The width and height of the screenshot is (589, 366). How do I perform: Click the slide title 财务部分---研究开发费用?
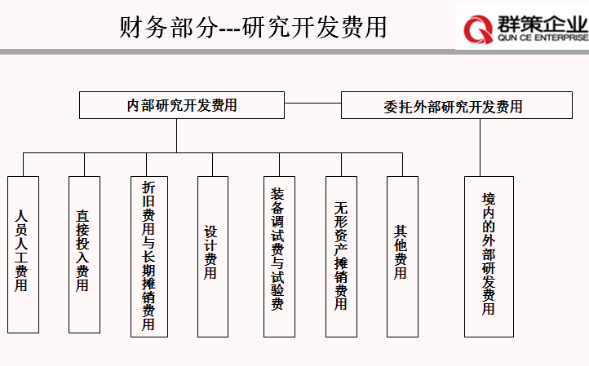(253, 27)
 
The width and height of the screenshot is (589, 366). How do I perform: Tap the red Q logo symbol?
(478, 29)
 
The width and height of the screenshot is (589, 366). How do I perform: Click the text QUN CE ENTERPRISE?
(542, 37)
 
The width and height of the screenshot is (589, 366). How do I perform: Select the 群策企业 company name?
(542, 24)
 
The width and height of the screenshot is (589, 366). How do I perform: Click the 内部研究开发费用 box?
(182, 105)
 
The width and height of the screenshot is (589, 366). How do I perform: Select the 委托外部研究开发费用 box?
(457, 105)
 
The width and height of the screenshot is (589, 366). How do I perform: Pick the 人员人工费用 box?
(24, 254)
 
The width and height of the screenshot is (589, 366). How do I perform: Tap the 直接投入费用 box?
(85, 254)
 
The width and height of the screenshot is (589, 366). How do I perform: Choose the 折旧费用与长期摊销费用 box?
(149, 257)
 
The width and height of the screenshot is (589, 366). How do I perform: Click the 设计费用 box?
(213, 257)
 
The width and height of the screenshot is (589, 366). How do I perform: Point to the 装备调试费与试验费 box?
(279, 257)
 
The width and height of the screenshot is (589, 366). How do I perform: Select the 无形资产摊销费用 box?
(342, 257)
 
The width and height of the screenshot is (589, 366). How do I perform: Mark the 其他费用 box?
(403, 257)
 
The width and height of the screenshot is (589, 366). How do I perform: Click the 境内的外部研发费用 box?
(489, 257)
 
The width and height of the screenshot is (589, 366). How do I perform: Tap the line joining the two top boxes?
(313, 103)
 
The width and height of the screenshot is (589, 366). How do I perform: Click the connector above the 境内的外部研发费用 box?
(480, 148)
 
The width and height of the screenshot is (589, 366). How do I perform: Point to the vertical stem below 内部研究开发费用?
(176, 136)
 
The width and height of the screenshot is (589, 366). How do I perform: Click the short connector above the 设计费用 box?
(213, 165)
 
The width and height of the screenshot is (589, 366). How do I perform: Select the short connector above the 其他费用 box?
(403, 165)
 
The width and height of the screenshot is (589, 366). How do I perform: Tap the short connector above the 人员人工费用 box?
(24, 165)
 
